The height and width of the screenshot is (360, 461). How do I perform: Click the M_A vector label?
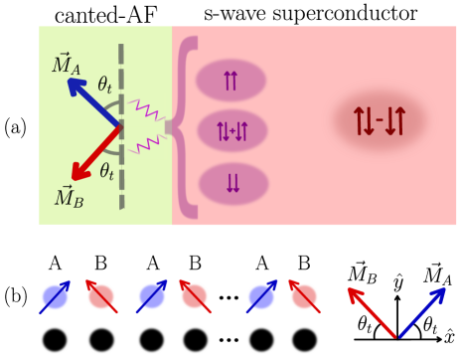point(66,65)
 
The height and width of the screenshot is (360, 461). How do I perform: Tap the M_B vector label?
point(69,197)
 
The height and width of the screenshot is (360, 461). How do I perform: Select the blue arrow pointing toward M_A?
point(93,102)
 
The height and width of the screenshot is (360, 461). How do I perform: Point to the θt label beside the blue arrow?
point(105,85)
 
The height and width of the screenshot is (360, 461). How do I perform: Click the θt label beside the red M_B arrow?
point(106,171)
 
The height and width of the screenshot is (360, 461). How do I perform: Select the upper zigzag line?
point(147,109)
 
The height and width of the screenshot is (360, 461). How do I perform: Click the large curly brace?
point(183,126)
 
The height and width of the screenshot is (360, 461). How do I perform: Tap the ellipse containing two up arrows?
point(230,81)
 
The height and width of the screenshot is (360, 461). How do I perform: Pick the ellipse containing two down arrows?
point(232,183)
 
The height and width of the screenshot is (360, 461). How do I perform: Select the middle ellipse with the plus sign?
point(232,130)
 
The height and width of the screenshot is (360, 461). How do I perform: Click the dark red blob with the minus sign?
point(379,121)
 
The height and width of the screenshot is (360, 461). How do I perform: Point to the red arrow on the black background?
point(372,311)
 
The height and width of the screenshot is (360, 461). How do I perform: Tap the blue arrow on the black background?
point(421,311)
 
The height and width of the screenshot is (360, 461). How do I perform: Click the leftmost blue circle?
point(55,296)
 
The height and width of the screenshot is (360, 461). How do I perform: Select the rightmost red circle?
point(304,296)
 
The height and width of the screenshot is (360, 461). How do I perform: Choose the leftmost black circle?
point(55,339)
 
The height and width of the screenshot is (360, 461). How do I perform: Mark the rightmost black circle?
point(304,339)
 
